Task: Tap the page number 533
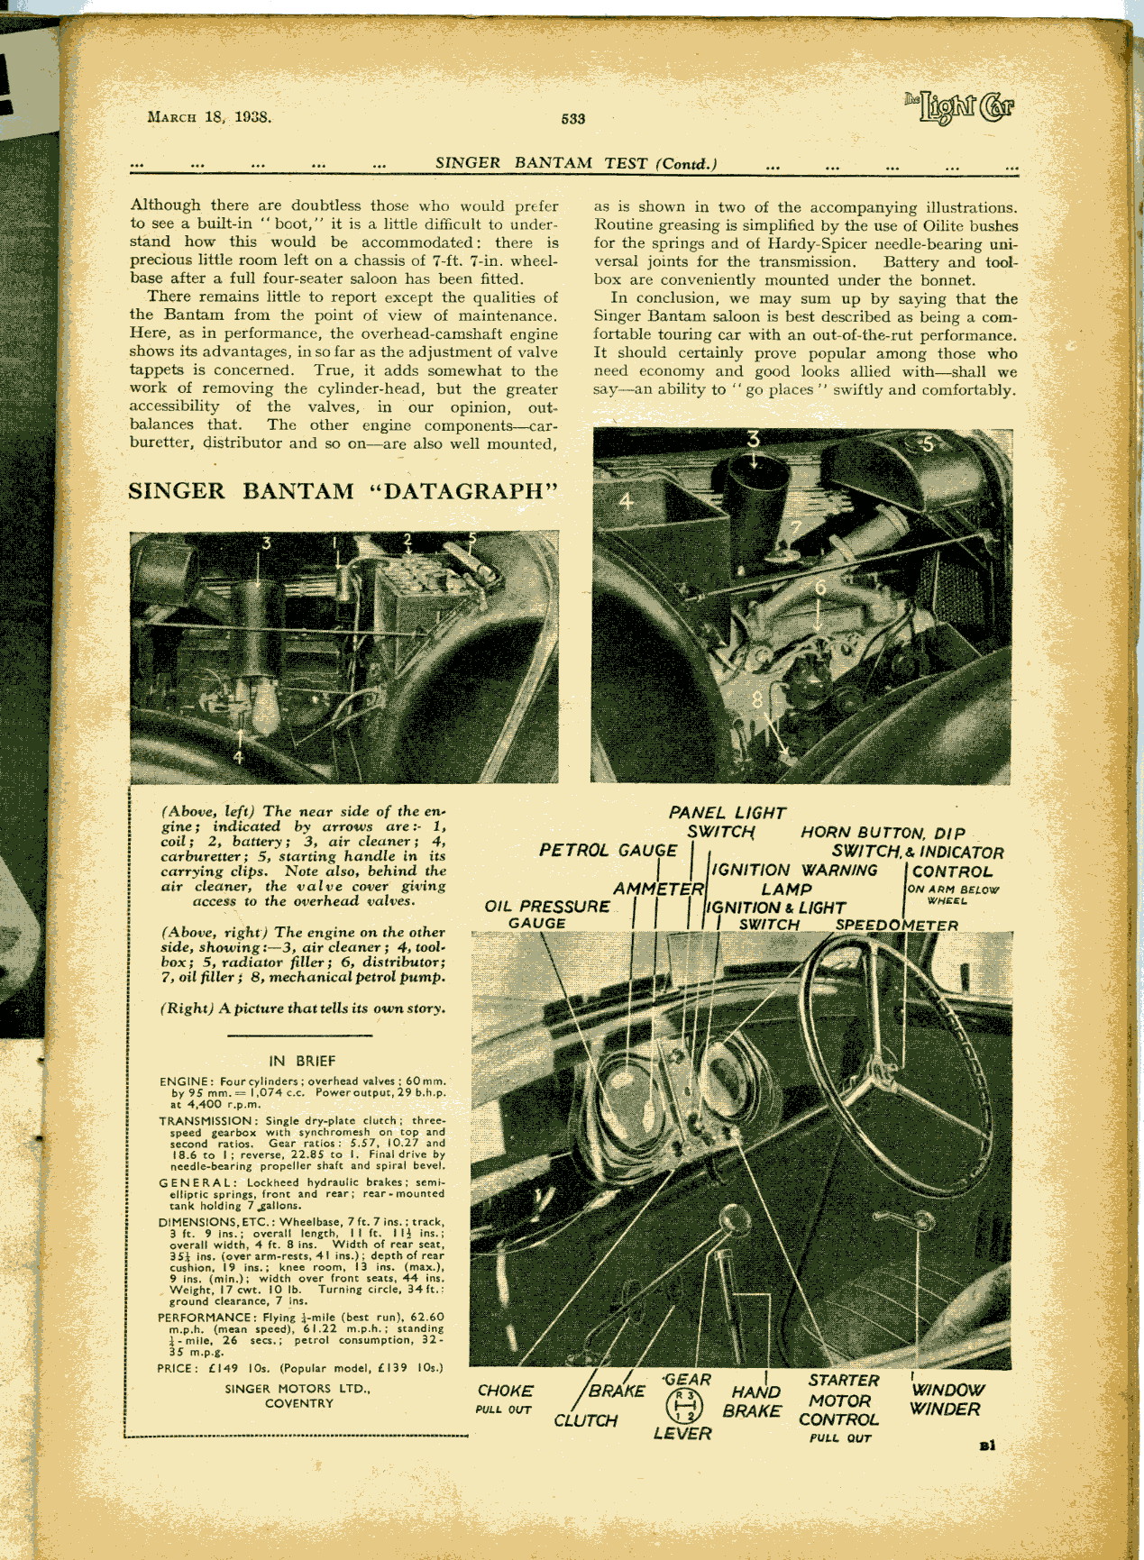click(572, 118)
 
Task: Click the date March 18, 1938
click(209, 116)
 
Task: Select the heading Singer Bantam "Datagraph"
click(343, 491)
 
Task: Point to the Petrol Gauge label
click(608, 850)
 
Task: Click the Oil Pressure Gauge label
click(546, 914)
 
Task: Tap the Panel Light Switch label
click(727, 822)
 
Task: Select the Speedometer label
click(896, 925)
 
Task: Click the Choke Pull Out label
click(505, 1398)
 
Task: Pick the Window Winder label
click(946, 1400)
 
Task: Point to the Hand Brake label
click(755, 1400)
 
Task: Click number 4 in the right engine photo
click(626, 500)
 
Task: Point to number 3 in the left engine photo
click(266, 543)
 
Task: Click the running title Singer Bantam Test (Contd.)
click(576, 163)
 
